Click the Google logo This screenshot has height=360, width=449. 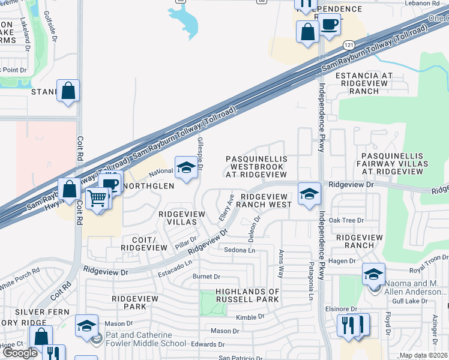(x=20, y=353)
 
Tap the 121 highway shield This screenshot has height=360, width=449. (x=348, y=45)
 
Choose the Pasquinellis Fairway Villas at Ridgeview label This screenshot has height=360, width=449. (x=393, y=163)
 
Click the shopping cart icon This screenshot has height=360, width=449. (x=97, y=197)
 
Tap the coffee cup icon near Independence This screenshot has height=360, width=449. (x=329, y=25)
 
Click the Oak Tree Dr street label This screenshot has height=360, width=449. (x=346, y=220)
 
